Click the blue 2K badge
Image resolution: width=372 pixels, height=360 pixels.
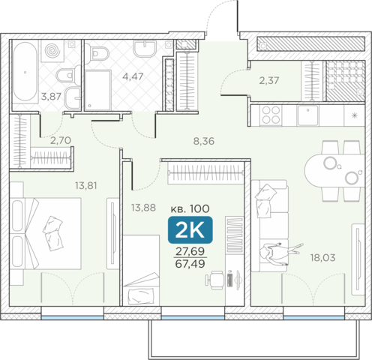(190, 230)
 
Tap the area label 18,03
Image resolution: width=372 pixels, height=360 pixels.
(322, 257)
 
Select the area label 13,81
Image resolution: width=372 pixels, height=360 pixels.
(86, 186)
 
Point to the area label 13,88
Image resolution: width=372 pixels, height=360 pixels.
(143, 208)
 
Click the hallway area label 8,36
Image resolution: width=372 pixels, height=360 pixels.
(204, 141)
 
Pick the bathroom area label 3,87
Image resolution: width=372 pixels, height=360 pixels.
(51, 97)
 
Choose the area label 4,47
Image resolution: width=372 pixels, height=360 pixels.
(133, 76)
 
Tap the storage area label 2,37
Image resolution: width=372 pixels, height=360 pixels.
(269, 80)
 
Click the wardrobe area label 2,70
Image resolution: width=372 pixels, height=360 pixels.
(61, 140)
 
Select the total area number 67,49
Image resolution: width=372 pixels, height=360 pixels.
(190, 264)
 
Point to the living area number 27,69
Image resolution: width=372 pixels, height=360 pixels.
(190, 251)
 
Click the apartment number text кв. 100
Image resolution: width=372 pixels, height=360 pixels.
(190, 208)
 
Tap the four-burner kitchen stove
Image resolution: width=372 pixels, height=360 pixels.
(271, 115)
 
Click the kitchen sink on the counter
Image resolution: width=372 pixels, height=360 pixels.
(308, 115)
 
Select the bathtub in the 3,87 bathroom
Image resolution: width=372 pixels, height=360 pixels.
(25, 73)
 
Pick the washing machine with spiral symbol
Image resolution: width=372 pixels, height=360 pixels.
(52, 51)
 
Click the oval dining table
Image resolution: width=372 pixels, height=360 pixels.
(334, 171)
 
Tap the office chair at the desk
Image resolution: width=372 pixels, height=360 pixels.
(214, 280)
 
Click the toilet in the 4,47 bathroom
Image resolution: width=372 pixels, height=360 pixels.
(100, 53)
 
